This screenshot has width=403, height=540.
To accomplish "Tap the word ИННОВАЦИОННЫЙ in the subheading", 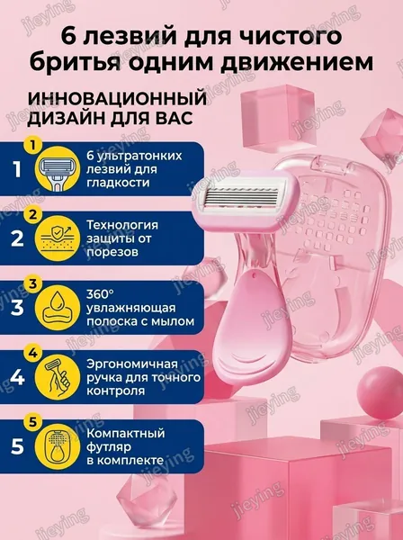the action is (117, 100).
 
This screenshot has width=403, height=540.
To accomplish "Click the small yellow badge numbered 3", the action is (32, 284).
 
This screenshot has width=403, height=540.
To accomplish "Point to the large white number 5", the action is (17, 446).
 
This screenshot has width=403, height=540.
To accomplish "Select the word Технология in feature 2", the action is (122, 226).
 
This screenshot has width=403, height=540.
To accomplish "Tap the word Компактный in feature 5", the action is (126, 433).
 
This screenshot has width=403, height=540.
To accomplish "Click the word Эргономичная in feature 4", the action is (132, 364).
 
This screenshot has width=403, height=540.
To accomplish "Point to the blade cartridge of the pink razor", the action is (246, 203).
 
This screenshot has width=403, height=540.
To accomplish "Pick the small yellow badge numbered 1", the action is (32, 146).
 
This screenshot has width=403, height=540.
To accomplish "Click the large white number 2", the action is (17, 238).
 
